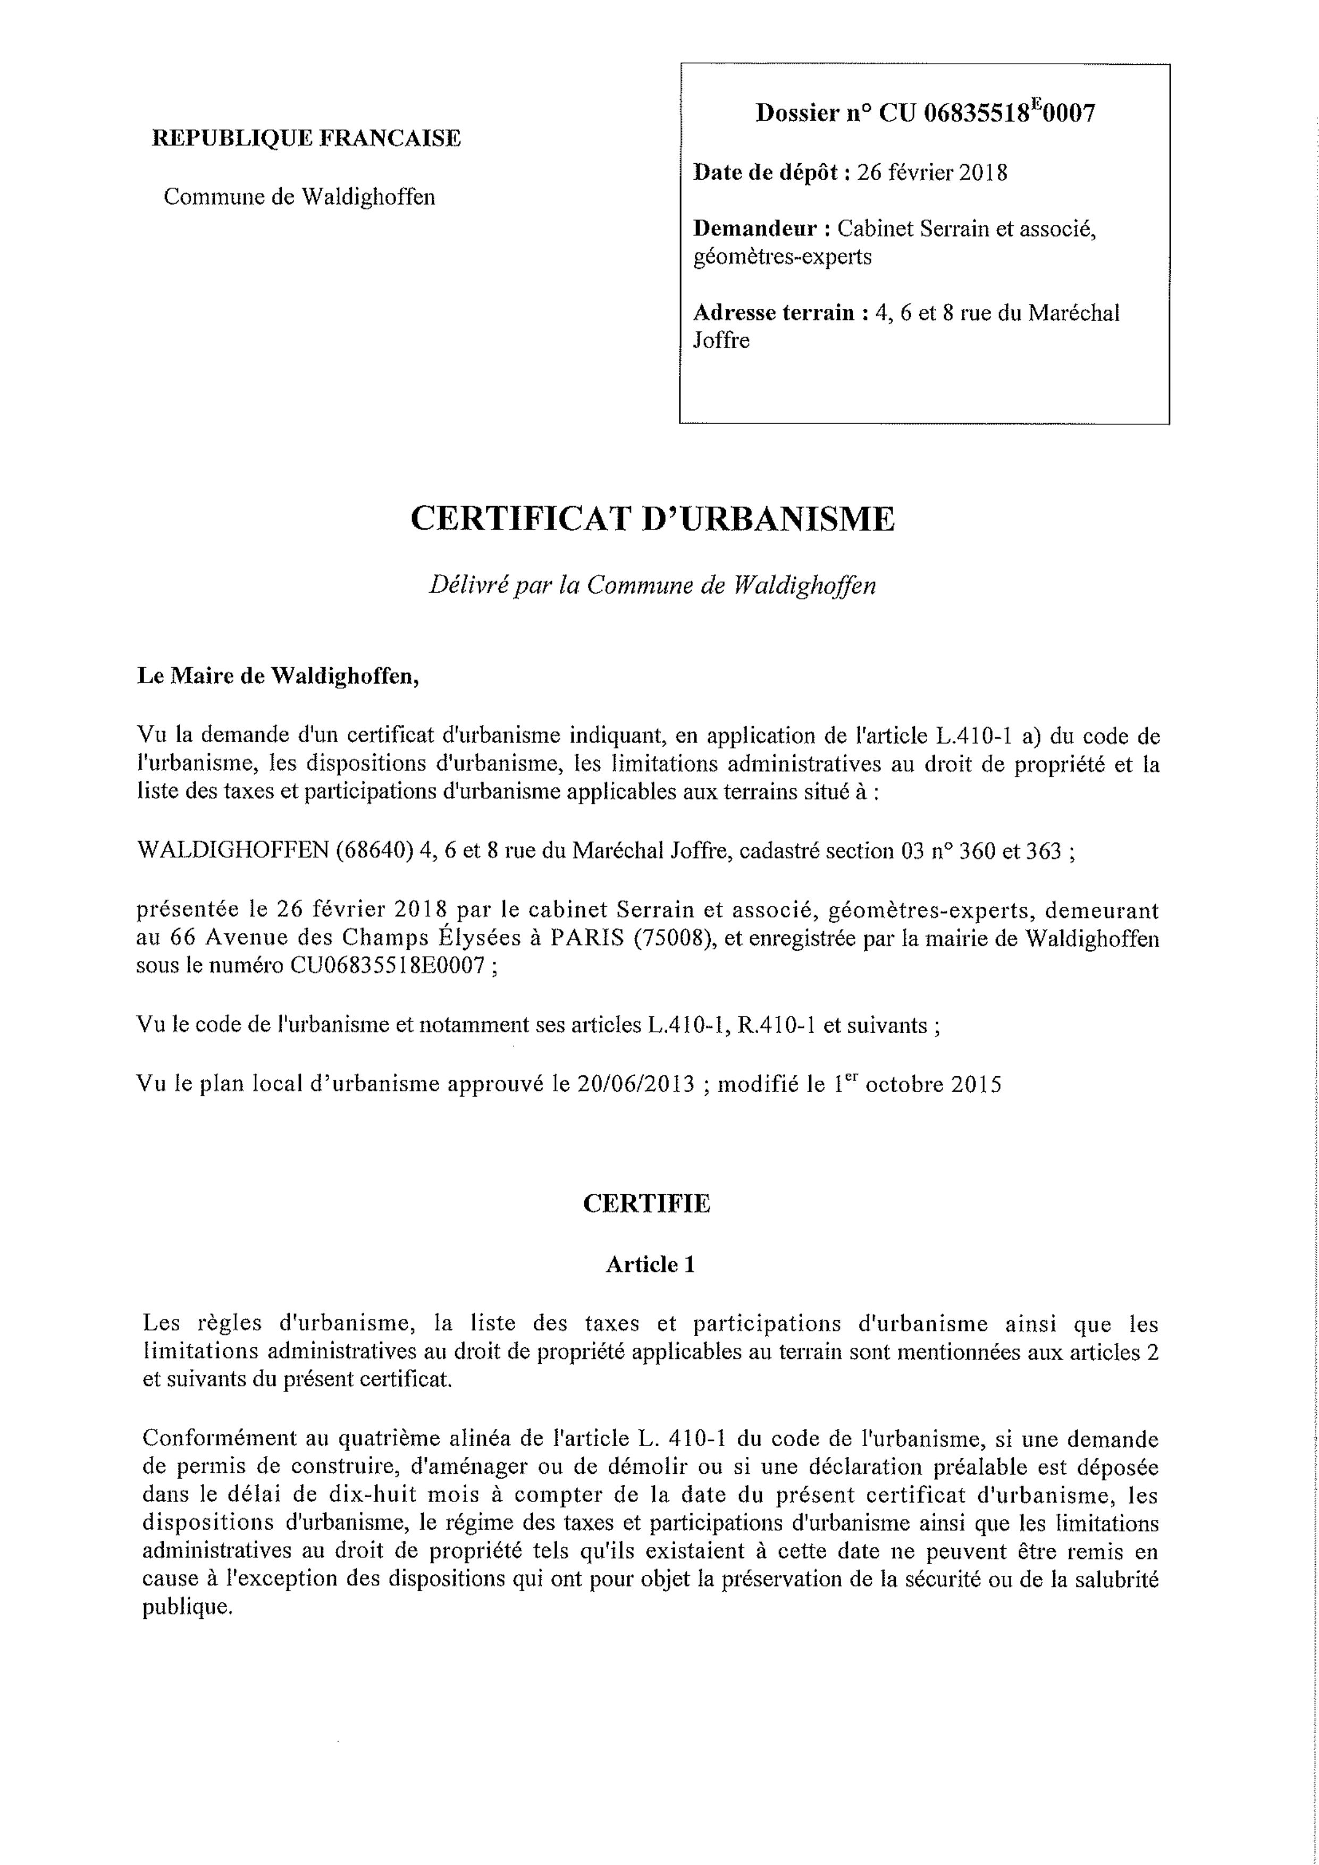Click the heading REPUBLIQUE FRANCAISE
306,138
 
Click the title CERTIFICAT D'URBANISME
653,518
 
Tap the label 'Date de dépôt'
766,173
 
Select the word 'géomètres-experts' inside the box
782,257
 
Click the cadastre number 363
1044,851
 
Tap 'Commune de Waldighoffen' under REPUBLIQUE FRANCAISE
299,197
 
